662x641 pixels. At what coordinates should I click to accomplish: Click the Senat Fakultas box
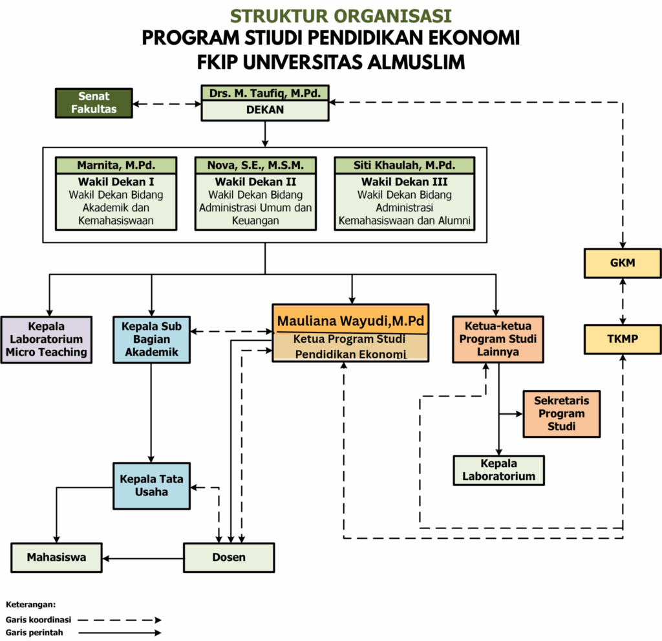click(x=94, y=103)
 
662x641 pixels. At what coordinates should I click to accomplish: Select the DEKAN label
click(x=265, y=110)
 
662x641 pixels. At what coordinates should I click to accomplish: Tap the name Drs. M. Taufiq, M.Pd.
click(x=265, y=93)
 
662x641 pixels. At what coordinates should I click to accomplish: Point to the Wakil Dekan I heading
click(x=116, y=182)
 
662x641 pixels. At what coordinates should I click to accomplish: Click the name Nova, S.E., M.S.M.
click(x=255, y=165)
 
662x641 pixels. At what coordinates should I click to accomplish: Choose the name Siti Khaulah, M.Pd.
click(x=405, y=165)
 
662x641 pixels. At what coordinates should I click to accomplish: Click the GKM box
click(x=623, y=263)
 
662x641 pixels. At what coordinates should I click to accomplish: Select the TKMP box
click(x=623, y=339)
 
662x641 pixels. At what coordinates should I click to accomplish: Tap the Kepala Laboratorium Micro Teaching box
click(x=47, y=340)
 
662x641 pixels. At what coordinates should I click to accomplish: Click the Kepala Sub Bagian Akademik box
click(x=151, y=340)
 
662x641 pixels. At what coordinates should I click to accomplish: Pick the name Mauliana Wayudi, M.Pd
click(x=350, y=321)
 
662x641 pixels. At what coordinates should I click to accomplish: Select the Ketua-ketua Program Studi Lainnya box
click(x=498, y=339)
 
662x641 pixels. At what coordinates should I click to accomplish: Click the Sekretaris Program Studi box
click(x=562, y=414)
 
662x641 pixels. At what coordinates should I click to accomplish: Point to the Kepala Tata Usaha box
click(x=151, y=486)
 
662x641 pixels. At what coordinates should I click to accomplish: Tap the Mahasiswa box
click(x=57, y=558)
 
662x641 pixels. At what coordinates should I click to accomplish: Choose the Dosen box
click(x=229, y=558)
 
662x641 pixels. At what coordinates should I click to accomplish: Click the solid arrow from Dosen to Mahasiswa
click(x=143, y=558)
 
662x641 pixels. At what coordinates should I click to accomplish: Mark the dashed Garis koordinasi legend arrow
click(x=120, y=620)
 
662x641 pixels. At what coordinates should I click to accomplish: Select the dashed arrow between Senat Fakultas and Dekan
click(x=167, y=103)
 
